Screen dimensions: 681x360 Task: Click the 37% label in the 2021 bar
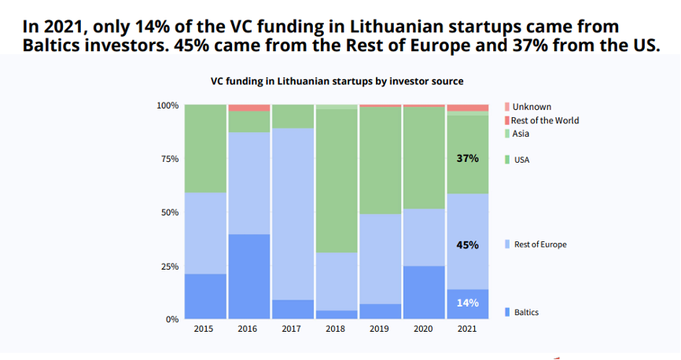pyautogui.click(x=467, y=159)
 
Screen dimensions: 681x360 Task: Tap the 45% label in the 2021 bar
pyautogui.click(x=467, y=245)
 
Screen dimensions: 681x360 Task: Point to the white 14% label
pyautogui.click(x=467, y=303)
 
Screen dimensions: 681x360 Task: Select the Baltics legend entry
pyautogui.click(x=521, y=312)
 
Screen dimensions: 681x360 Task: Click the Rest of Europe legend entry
pyautogui.click(x=536, y=244)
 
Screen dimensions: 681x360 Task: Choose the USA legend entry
pyautogui.click(x=517, y=160)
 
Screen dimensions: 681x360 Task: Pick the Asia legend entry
pyautogui.click(x=517, y=134)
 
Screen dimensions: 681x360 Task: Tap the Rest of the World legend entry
pyautogui.click(x=542, y=120)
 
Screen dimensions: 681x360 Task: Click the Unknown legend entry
pyautogui.click(x=528, y=107)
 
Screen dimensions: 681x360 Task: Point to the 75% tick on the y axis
pyautogui.click(x=170, y=159)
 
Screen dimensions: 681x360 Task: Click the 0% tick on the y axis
pyautogui.click(x=172, y=320)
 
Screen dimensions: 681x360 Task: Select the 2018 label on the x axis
pyautogui.click(x=335, y=329)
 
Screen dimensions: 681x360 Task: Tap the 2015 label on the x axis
pyautogui.click(x=203, y=329)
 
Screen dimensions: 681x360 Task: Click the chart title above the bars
pyautogui.click(x=337, y=81)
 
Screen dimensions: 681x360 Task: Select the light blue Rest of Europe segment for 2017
pyautogui.click(x=293, y=214)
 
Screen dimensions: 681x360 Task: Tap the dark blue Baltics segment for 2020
pyautogui.click(x=424, y=292)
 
